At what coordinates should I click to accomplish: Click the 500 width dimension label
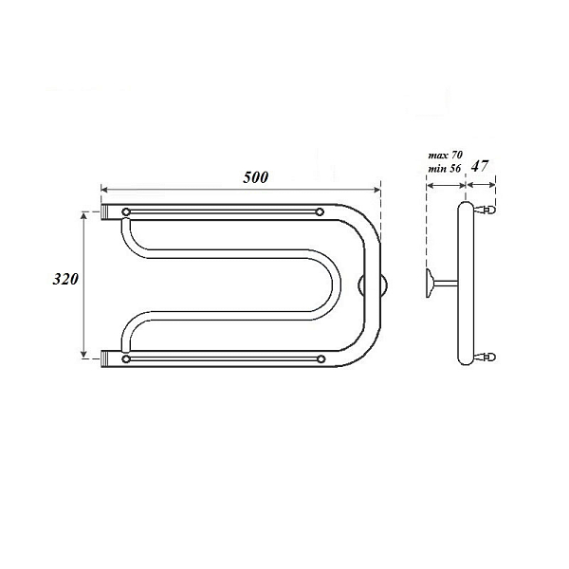[x=256, y=178]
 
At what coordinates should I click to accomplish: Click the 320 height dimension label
[x=65, y=280]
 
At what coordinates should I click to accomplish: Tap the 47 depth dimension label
[x=479, y=166]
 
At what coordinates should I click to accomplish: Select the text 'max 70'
[x=446, y=156]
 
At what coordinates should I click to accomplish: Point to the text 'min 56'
[x=445, y=169]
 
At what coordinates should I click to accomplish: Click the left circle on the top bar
[x=126, y=211]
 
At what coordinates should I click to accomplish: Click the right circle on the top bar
[x=320, y=211]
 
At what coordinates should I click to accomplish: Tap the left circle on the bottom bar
[x=126, y=359]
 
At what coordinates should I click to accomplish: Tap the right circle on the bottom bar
[x=321, y=359]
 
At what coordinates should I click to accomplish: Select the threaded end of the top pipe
[x=105, y=211]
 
